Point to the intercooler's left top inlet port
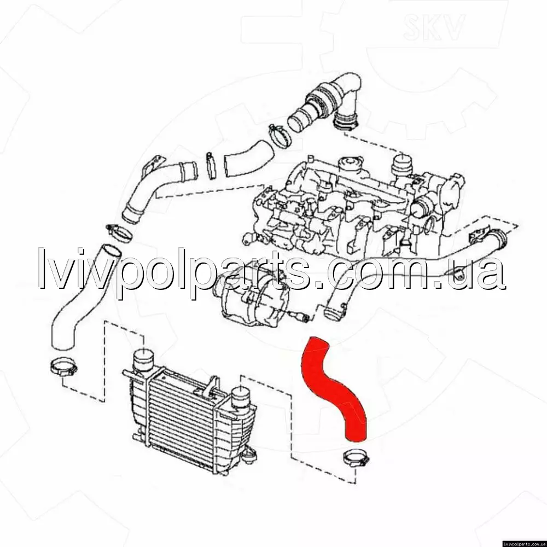pos(143,361)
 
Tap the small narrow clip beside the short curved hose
pos(211,165)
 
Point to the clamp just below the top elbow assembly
pos(281,136)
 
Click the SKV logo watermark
pos(434,26)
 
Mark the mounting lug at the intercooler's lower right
pos(250,454)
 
